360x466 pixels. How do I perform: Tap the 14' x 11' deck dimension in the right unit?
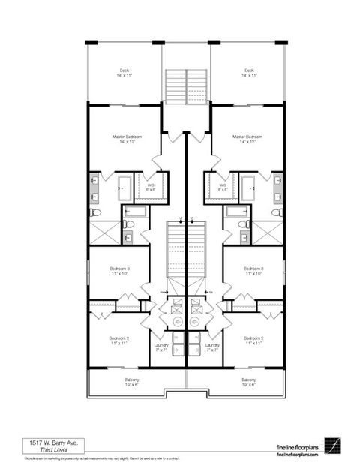pyautogui.click(x=248, y=76)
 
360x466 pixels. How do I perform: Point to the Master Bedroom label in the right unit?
pyautogui.click(x=247, y=137)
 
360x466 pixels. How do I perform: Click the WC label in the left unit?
pyautogui.click(x=150, y=185)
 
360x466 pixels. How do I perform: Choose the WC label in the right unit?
pyautogui.click(x=223, y=185)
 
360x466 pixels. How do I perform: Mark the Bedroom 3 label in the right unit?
pyautogui.click(x=253, y=269)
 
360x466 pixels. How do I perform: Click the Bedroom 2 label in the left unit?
pyautogui.click(x=119, y=338)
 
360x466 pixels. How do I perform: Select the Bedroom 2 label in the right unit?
pyautogui.click(x=253, y=338)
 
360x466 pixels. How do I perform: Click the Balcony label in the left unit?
pyautogui.click(x=131, y=380)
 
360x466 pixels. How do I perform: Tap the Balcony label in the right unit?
pyautogui.click(x=249, y=380)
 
